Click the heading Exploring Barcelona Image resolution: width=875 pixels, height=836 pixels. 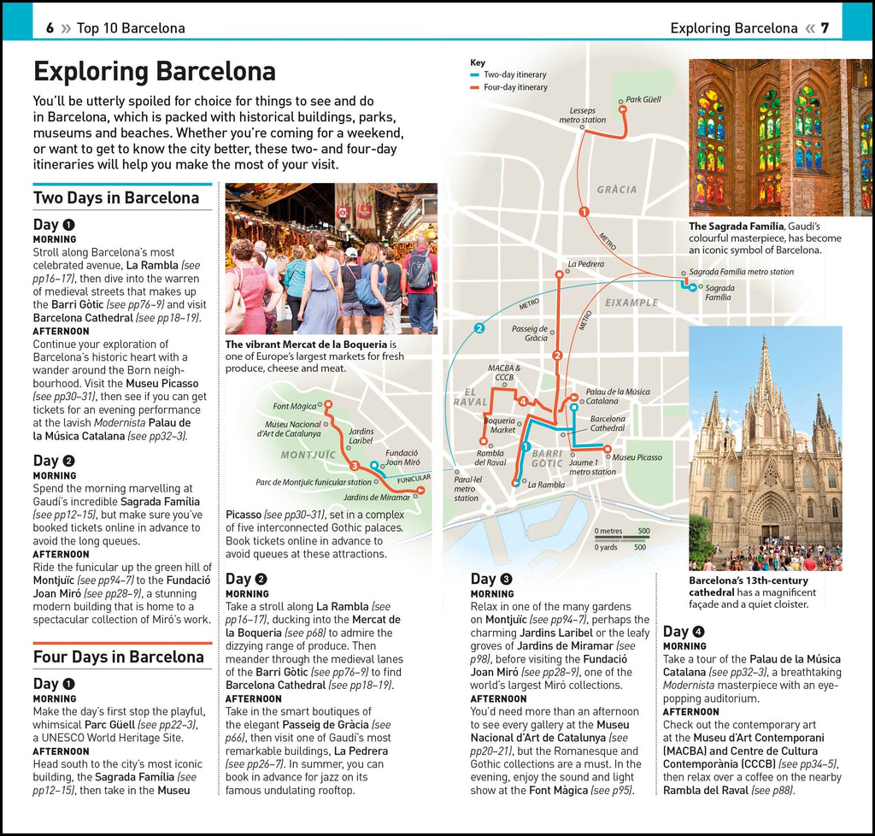point(154,70)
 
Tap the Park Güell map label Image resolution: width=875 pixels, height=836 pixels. point(643,99)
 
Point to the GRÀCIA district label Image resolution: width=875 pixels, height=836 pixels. point(617,189)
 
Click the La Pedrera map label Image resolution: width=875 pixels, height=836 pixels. point(585,263)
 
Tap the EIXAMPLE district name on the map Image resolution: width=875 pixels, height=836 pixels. point(631,303)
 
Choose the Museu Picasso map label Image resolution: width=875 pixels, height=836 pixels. point(637,457)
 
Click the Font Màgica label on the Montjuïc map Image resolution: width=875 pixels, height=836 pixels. point(294,406)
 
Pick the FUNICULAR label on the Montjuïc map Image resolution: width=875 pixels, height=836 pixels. point(414,478)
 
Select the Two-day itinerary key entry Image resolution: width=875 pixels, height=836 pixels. point(514,74)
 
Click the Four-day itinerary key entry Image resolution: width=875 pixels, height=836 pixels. point(515,87)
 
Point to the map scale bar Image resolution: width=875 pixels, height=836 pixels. point(622,539)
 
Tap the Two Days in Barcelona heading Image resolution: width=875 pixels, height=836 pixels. point(116,197)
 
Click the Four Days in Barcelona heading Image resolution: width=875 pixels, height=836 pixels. point(119,656)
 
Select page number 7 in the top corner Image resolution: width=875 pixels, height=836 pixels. point(825,28)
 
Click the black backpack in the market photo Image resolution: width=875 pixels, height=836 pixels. point(419,272)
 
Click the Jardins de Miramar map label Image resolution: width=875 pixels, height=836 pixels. point(376,497)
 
